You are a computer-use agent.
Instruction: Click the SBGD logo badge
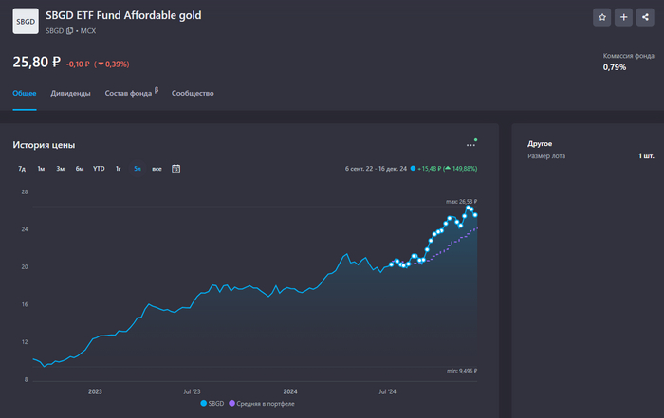click(26, 21)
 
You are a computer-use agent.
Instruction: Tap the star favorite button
click(601, 17)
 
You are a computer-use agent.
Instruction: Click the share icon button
click(645, 17)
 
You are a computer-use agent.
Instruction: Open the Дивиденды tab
click(71, 94)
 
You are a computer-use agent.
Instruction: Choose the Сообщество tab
click(193, 94)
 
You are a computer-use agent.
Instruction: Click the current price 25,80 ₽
click(36, 63)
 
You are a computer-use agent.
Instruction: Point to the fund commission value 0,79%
click(615, 67)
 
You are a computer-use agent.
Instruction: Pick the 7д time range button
click(22, 169)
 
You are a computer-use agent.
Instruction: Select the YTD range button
click(99, 169)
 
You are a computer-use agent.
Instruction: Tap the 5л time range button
click(138, 169)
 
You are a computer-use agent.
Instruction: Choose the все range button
click(157, 169)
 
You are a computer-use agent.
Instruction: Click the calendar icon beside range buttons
click(176, 169)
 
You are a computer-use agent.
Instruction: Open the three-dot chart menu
click(471, 145)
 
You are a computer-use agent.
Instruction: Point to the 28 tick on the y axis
click(25, 192)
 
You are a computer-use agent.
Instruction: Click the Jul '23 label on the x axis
click(193, 391)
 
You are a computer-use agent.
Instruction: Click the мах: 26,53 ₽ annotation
click(461, 202)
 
